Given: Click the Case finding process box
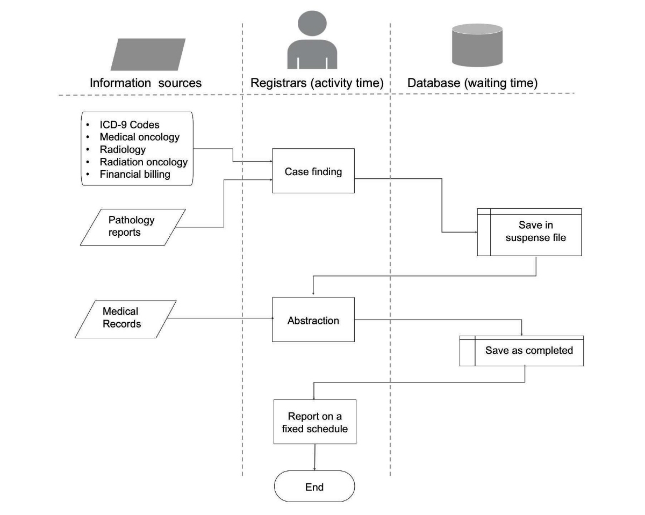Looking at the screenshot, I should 313,171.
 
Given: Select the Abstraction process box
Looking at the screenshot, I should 313,320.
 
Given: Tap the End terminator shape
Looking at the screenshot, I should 314,487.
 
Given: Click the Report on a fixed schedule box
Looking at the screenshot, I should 315,422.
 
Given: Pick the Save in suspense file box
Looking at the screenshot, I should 530,231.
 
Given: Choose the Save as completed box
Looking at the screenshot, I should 521,351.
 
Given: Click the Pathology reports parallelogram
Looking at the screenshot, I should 132,227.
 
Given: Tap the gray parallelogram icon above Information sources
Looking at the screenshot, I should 148,54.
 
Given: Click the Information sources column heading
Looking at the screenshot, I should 146,83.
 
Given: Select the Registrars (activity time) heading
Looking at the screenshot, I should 317,83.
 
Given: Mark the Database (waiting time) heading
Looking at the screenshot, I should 472,83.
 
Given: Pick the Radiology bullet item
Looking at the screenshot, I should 123,149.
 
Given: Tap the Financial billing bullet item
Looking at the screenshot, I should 135,174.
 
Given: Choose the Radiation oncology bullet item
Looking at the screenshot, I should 144,162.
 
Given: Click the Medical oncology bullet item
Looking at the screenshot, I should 139,137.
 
